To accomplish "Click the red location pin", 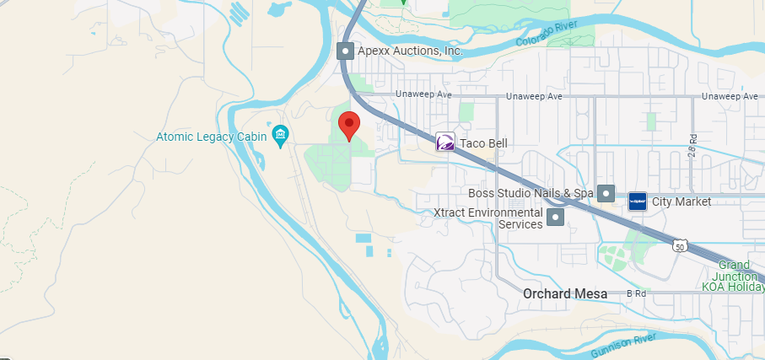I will coord(349,126).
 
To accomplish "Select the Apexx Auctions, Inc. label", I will coord(410,51).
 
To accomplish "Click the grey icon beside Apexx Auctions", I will coord(345,51).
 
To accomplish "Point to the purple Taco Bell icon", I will coord(445,142).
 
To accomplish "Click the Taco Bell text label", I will coord(483,143).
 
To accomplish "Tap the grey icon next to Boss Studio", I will coord(606,193).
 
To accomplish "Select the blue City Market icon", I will coord(638,201).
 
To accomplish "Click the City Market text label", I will coord(681,201).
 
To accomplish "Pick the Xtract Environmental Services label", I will coord(488,218).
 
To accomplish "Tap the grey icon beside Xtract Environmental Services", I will coord(556,218).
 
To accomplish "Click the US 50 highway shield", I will coord(680,245).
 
